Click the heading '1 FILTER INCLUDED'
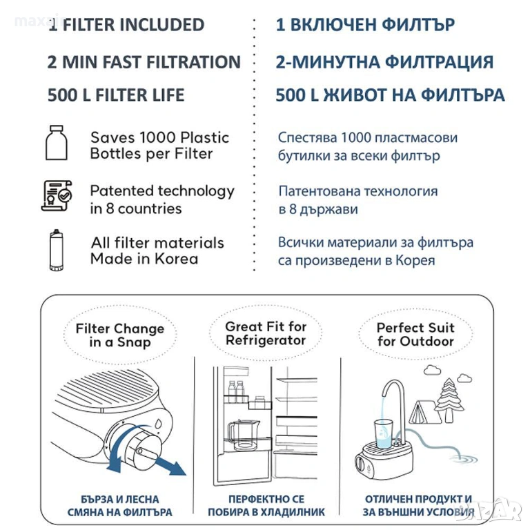click(x=126, y=25)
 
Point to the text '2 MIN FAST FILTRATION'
click(x=144, y=61)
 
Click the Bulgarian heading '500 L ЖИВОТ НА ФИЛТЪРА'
click(x=390, y=95)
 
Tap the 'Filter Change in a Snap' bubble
click(x=119, y=335)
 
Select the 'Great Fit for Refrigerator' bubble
click(x=265, y=333)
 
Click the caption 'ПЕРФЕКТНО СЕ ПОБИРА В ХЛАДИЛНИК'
click(x=266, y=506)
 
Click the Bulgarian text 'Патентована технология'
click(x=358, y=191)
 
